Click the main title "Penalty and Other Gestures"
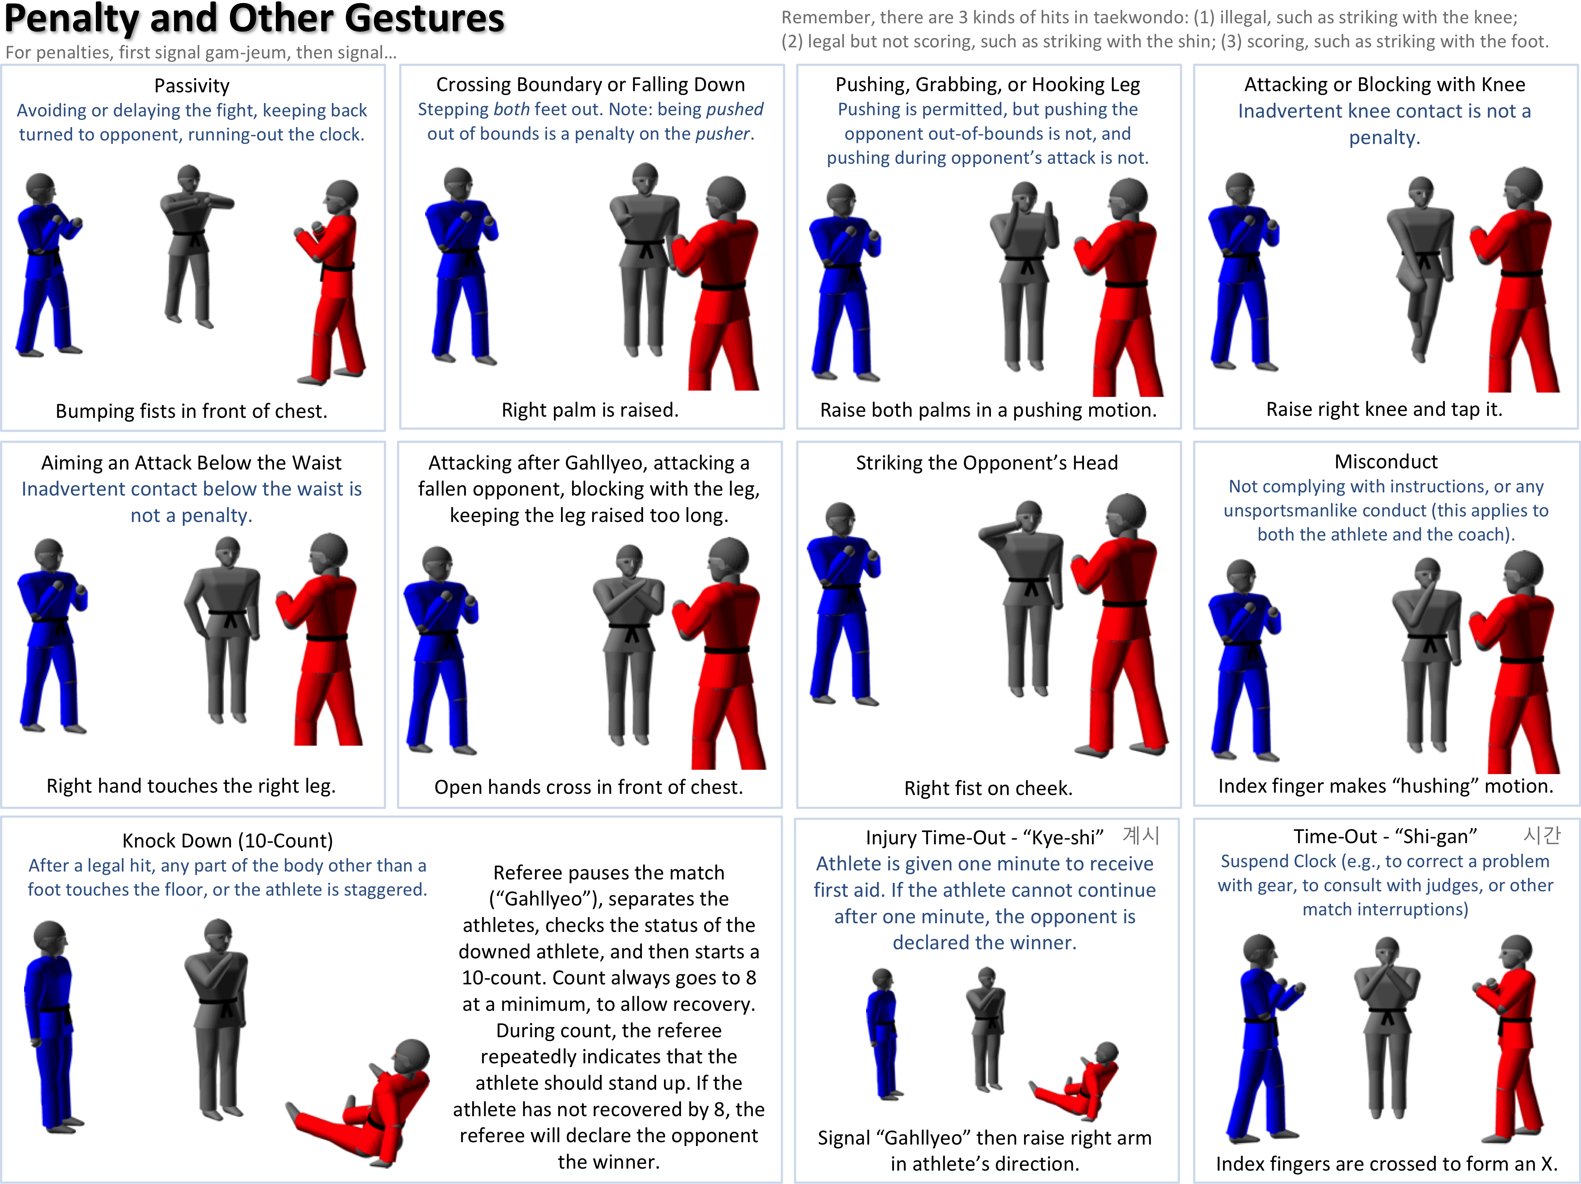click(255, 19)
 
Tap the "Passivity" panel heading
click(191, 86)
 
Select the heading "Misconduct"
click(1386, 462)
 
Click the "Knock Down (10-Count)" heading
click(227, 840)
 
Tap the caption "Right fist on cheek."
click(988, 788)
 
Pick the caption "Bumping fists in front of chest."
click(191, 411)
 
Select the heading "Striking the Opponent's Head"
click(987, 463)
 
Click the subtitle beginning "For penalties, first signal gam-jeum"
click(201, 52)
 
